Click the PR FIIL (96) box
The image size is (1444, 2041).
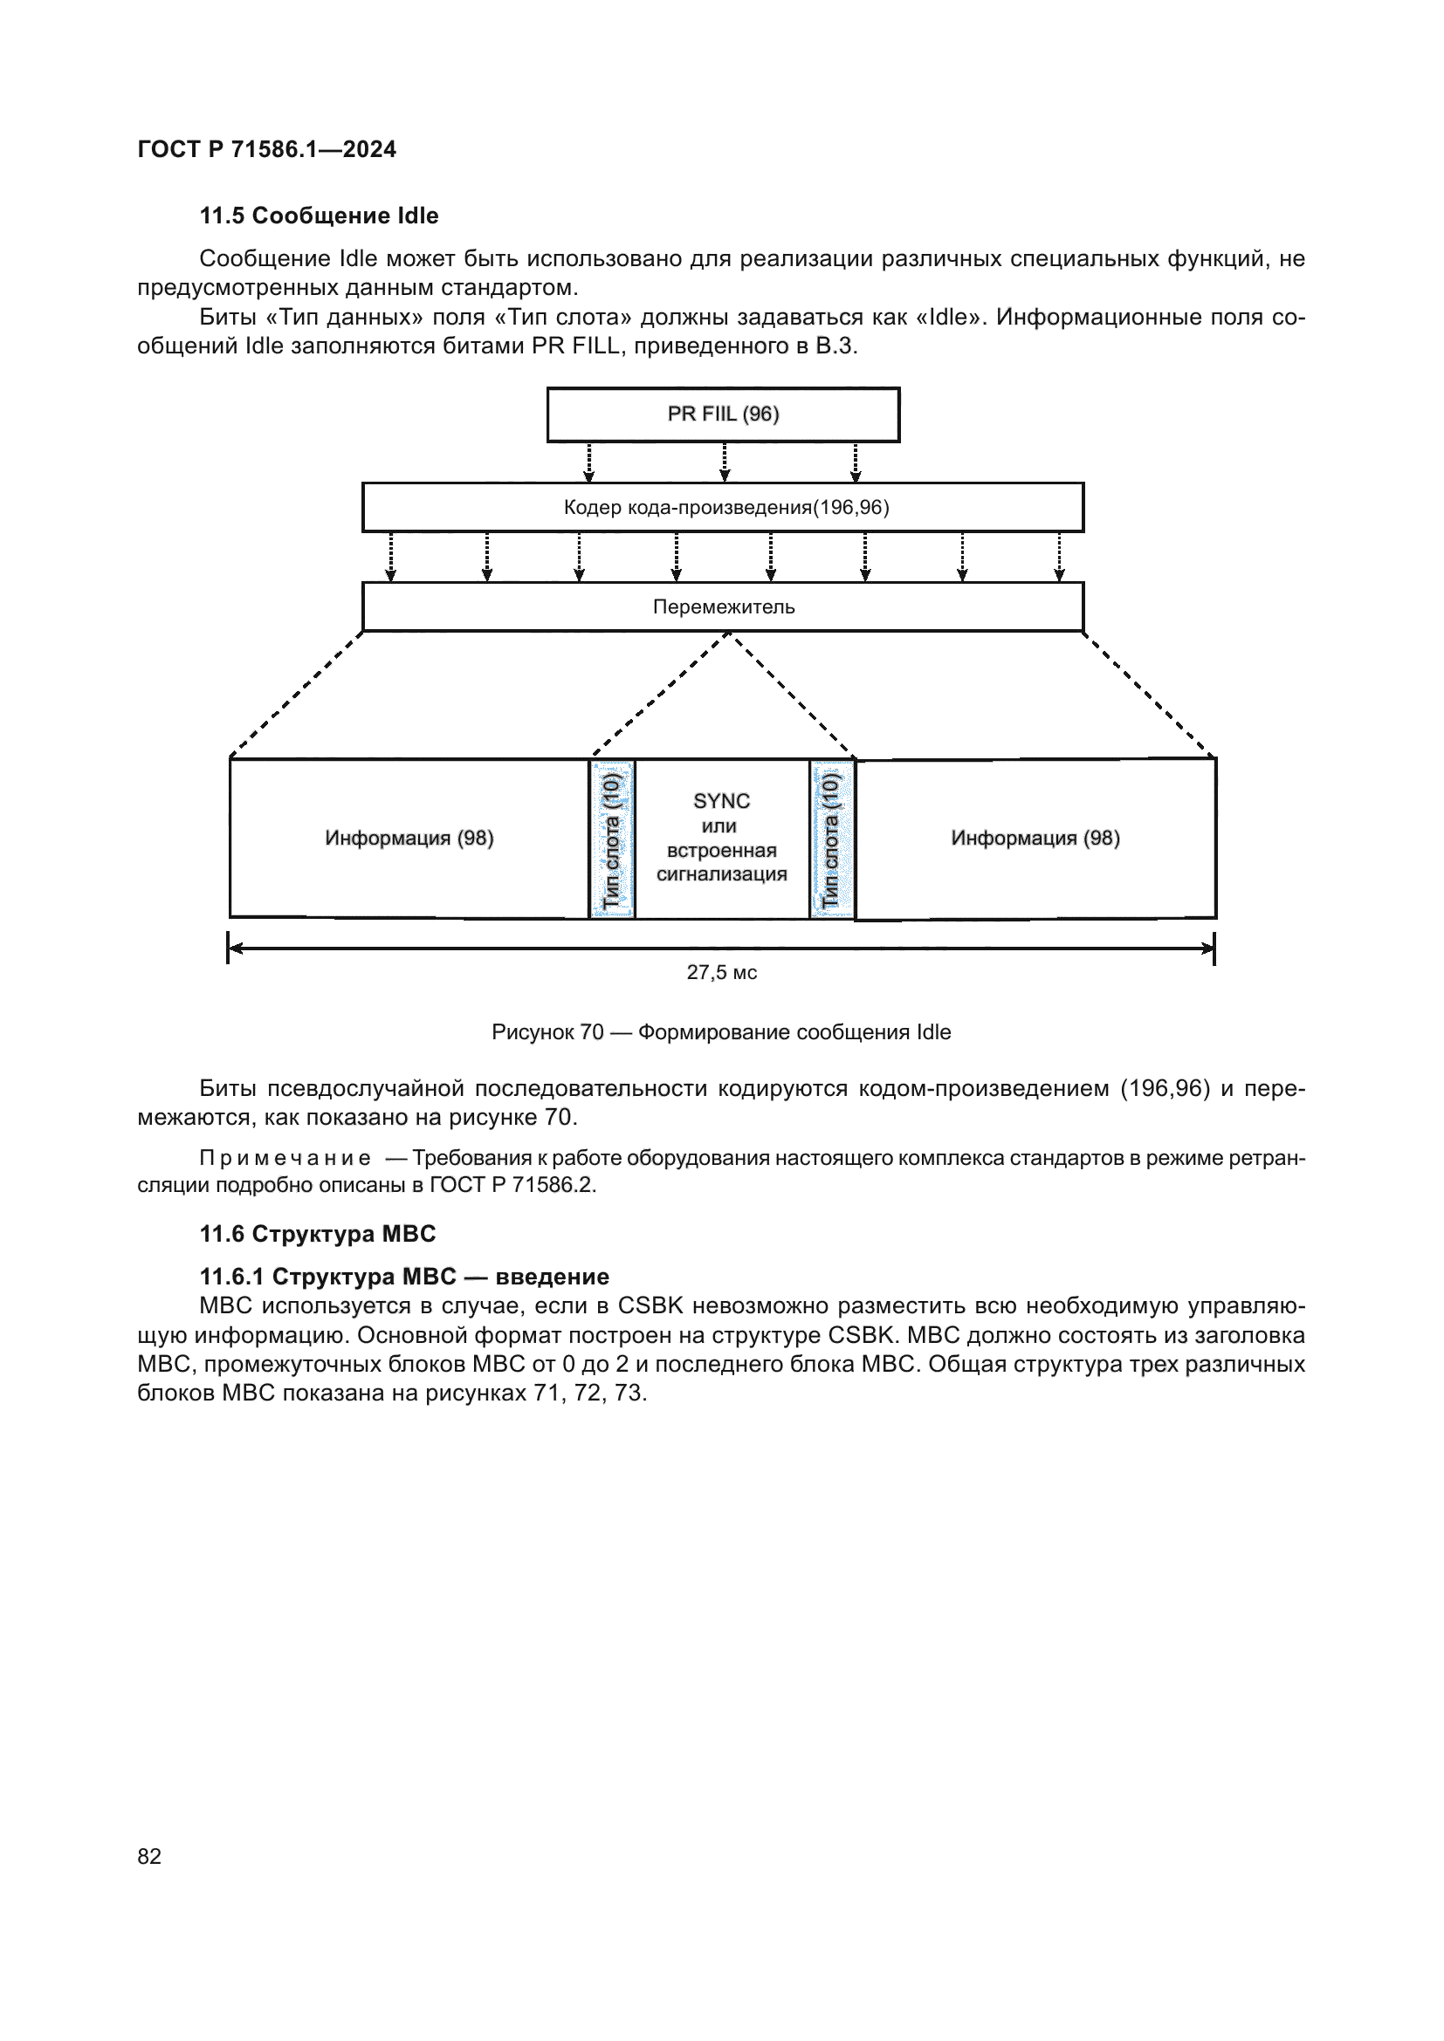(x=723, y=414)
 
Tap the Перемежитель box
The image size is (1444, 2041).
(x=723, y=607)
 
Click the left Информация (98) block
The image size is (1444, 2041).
(x=409, y=839)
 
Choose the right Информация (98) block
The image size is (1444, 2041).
(x=1035, y=839)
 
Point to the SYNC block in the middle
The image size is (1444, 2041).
(x=721, y=838)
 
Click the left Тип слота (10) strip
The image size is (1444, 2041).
(x=612, y=839)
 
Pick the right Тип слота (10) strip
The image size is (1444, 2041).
(x=831, y=839)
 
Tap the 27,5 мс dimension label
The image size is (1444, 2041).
(x=721, y=972)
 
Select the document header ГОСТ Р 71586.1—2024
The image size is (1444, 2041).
(x=267, y=149)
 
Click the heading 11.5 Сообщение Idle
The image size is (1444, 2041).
(x=319, y=216)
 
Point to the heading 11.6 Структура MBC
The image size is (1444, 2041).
(x=318, y=1234)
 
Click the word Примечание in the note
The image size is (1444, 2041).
(x=285, y=1158)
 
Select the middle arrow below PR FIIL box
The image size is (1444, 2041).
(x=725, y=462)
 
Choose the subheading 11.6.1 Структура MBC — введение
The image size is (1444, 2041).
(x=403, y=1277)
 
